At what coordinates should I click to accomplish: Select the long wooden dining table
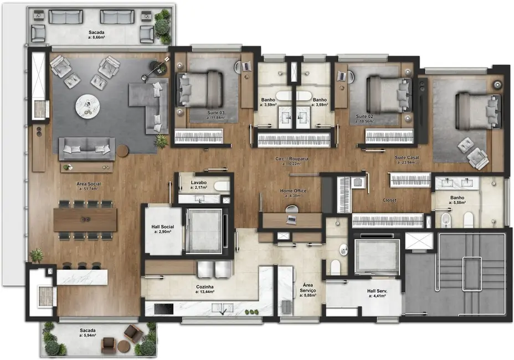point(85,220)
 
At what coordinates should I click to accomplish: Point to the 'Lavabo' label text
point(199,183)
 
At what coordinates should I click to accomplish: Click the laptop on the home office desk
point(291,219)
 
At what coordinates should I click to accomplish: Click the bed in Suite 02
point(388,91)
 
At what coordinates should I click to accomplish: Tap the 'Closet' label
point(390,200)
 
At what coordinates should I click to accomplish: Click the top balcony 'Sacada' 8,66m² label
point(97,36)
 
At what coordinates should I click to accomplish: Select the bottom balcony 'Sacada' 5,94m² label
point(89,332)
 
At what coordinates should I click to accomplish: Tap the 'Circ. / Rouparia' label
point(292,161)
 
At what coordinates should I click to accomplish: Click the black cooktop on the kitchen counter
point(165,307)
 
